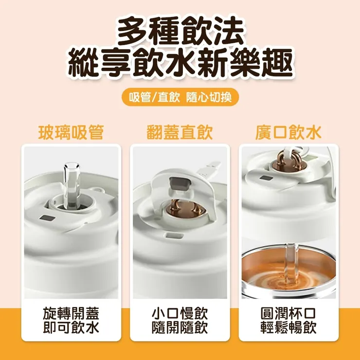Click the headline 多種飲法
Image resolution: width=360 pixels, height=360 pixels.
tap(180, 31)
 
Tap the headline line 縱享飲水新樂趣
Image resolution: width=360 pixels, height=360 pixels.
tap(180, 63)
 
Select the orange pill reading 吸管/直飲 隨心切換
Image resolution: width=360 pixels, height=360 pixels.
tap(180, 97)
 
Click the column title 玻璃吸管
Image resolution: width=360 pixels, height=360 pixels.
tap(71, 132)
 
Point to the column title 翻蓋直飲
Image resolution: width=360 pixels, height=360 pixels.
tap(180, 132)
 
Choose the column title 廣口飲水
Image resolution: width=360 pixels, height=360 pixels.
tap(288, 132)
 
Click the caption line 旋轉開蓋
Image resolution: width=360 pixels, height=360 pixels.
tap(71, 313)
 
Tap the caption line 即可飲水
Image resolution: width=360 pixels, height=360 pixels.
tap(71, 327)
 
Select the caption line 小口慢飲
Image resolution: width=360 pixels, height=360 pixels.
tap(180, 313)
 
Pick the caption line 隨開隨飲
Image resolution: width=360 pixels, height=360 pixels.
tap(180, 327)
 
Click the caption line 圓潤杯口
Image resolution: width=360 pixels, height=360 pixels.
tap(288, 313)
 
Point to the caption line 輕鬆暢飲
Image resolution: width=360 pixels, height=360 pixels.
tap(288, 327)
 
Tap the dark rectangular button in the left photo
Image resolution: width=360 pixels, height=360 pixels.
tap(48, 218)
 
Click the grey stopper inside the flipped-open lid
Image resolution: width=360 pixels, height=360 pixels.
tap(180, 183)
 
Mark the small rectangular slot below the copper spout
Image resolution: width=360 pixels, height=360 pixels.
tap(175, 235)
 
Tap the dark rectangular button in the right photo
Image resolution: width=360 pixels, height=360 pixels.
tap(266, 178)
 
